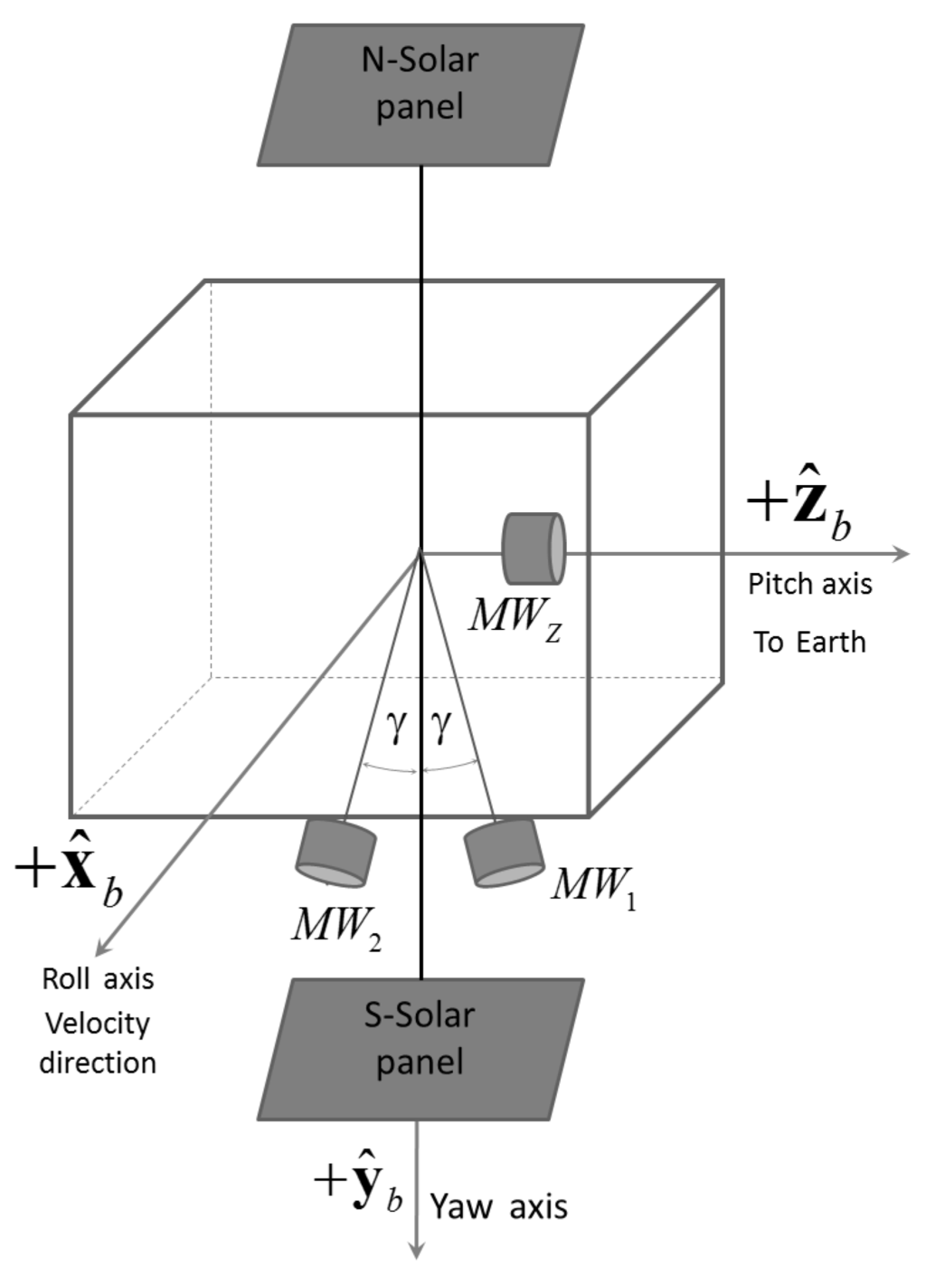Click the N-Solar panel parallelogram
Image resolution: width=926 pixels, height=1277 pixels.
point(420,95)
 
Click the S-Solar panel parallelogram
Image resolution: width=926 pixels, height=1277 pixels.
point(420,1050)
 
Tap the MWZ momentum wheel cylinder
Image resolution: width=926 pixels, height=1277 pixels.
point(534,548)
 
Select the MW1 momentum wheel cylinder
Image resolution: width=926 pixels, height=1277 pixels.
point(504,852)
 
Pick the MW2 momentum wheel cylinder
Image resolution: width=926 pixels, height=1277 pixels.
point(335,853)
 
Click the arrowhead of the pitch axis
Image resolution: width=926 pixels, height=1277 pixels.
point(901,554)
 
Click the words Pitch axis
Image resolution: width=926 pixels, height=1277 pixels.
point(809,585)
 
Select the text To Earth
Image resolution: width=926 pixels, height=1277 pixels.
point(809,643)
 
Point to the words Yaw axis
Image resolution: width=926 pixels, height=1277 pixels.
point(498,1207)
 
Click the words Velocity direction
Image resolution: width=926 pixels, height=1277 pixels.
point(98,1043)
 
